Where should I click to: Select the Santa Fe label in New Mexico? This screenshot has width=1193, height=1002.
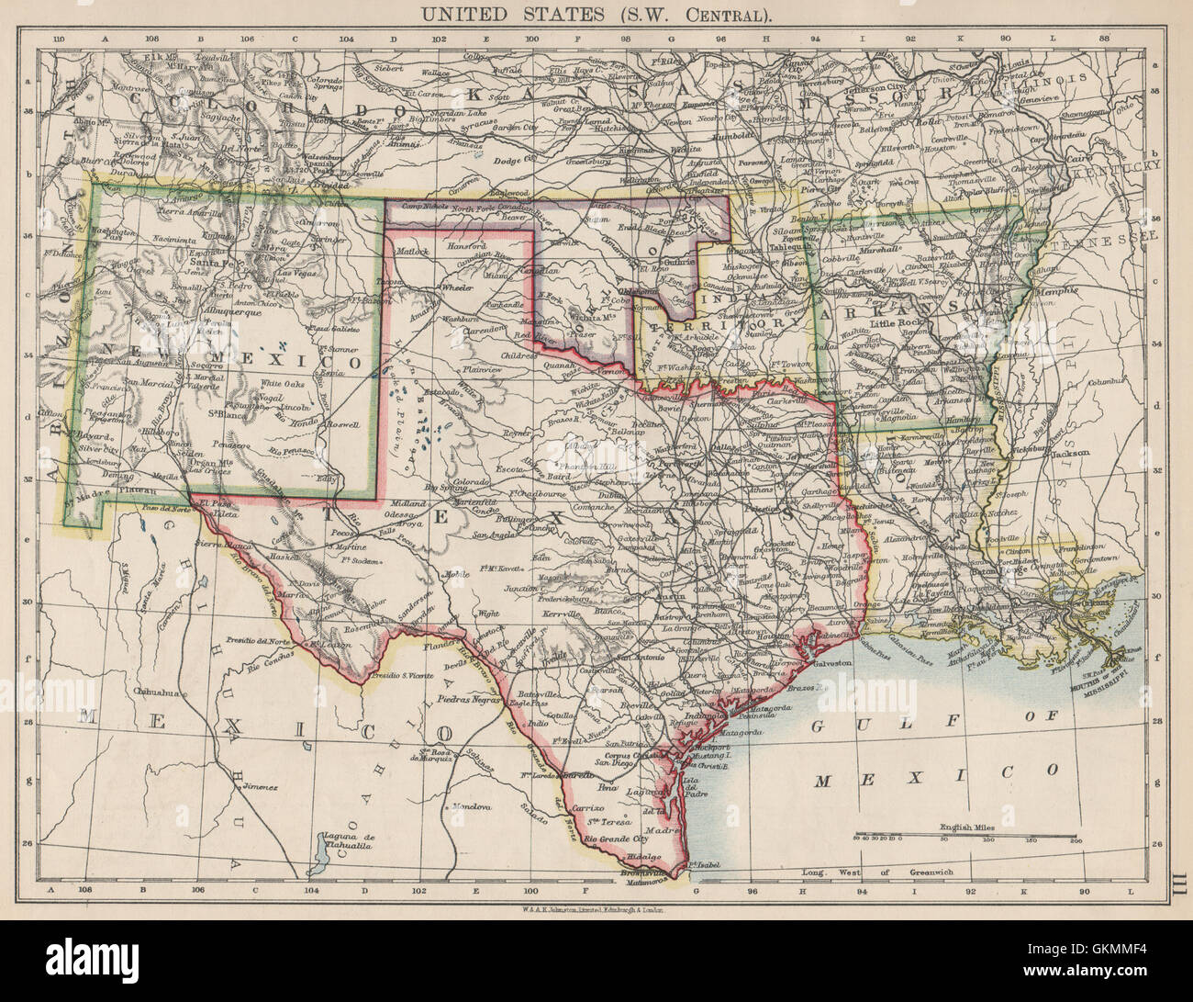pyautogui.click(x=214, y=261)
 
